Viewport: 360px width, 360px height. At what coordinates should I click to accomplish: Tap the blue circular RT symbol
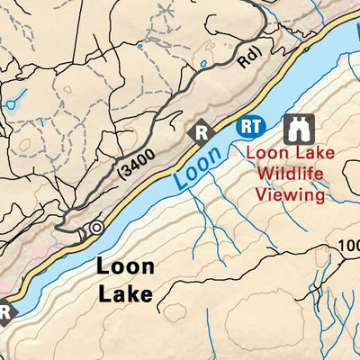[251, 128]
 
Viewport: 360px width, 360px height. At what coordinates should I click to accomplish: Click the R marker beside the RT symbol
[202, 132]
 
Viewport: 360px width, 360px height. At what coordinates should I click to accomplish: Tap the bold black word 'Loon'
[125, 267]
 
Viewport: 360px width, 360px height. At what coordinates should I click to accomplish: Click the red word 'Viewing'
[290, 193]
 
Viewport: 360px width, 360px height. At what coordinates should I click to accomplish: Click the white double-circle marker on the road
[95, 228]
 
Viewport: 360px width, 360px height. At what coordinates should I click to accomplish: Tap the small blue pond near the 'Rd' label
[204, 64]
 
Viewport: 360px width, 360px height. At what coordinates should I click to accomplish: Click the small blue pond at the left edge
[9, 104]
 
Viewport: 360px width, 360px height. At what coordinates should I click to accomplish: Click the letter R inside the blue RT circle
[247, 128]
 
